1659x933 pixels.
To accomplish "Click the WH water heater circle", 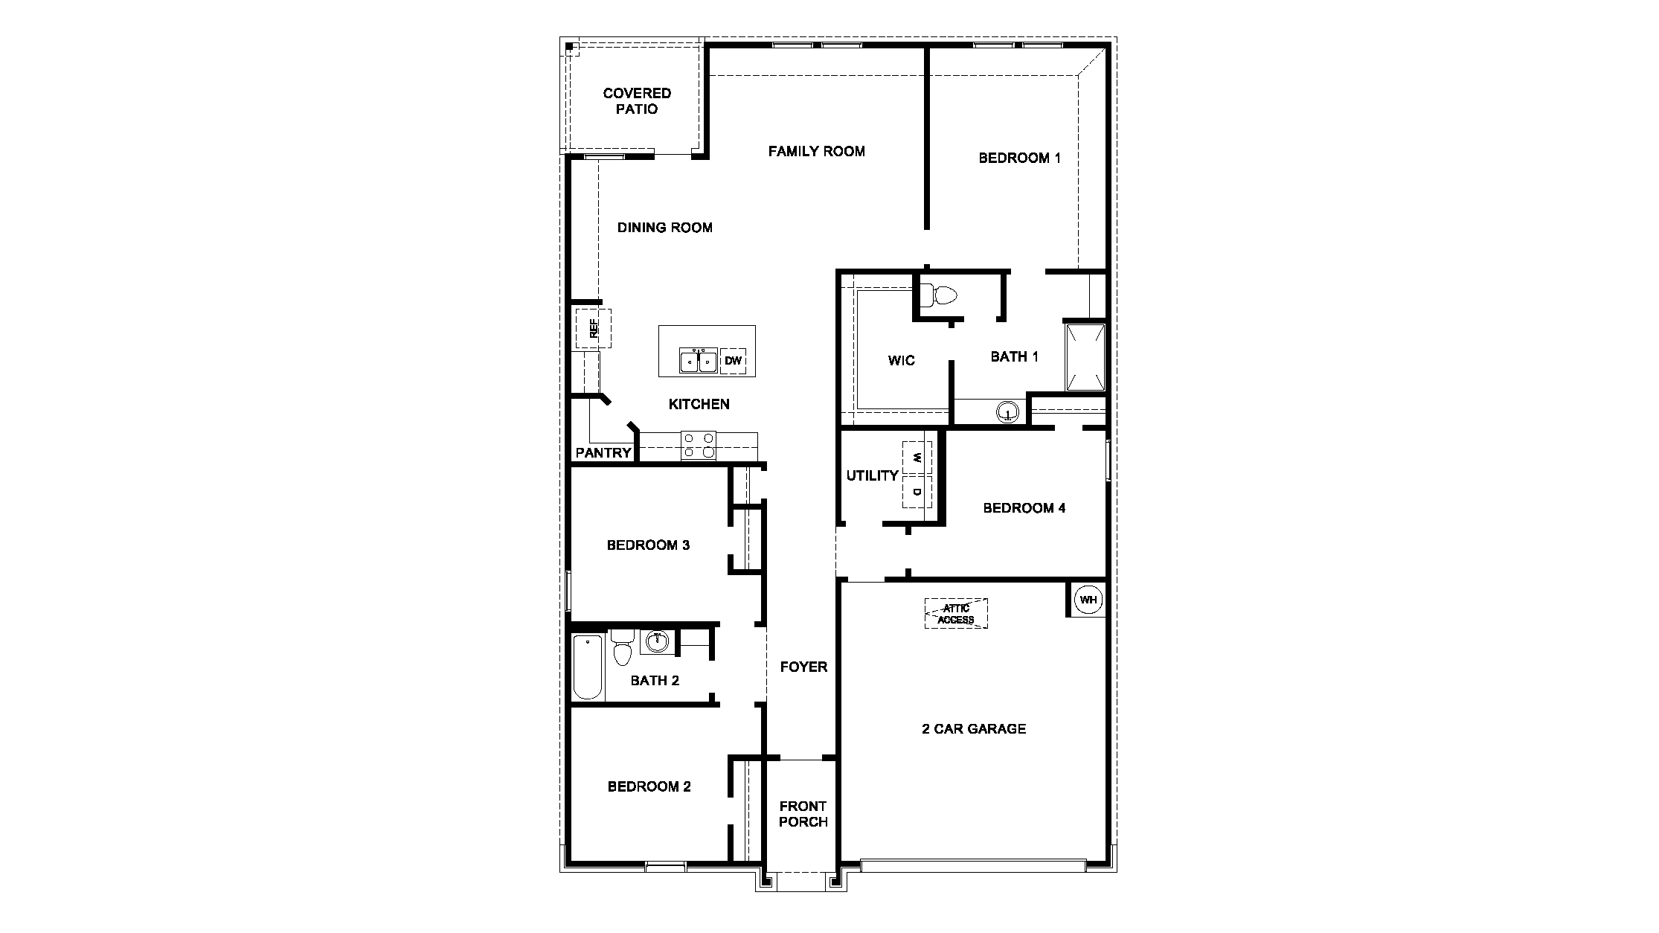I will click(x=1088, y=600).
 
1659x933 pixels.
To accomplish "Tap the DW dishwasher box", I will click(x=733, y=361).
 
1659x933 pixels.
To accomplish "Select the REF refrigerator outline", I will click(x=593, y=328).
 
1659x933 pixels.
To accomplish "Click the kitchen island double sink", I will click(x=698, y=361).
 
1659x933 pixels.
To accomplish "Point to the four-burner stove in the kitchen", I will click(x=699, y=446).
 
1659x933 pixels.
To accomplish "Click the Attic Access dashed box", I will click(x=956, y=614).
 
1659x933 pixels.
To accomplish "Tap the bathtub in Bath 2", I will click(x=588, y=667).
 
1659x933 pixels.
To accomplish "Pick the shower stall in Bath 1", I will click(x=1085, y=357).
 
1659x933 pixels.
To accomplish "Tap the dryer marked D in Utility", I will click(x=917, y=492).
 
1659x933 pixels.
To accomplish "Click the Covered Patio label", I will click(x=637, y=101).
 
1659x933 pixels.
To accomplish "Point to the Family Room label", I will click(x=816, y=152).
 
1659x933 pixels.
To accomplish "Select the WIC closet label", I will click(x=901, y=361).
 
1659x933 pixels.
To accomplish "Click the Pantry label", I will click(x=603, y=452).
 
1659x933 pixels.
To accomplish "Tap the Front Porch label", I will click(x=803, y=814).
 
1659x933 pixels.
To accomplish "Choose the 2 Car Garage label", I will click(x=974, y=729).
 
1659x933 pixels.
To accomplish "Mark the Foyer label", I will click(x=803, y=667).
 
